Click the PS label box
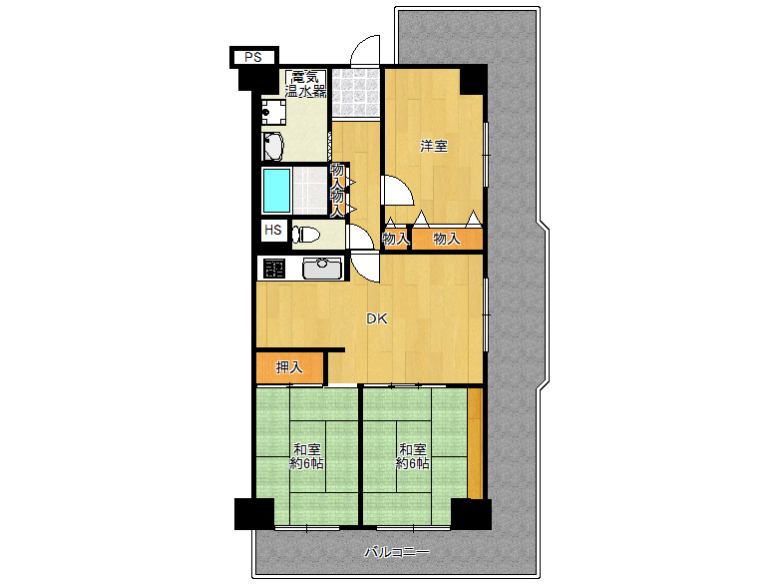(x=253, y=57)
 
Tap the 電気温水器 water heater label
(x=305, y=84)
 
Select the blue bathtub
(x=276, y=191)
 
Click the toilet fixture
(x=305, y=234)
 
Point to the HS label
(x=273, y=230)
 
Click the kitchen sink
(x=322, y=269)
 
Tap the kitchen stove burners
(x=274, y=269)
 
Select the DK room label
(x=377, y=318)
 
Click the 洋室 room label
(x=434, y=146)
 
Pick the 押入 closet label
(x=289, y=367)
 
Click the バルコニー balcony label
(x=397, y=552)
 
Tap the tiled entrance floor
(x=356, y=94)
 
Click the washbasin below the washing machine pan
(x=272, y=146)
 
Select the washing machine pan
(x=273, y=112)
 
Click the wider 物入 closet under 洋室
(x=447, y=239)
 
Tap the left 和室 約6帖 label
(x=306, y=456)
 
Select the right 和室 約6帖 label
(x=412, y=456)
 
